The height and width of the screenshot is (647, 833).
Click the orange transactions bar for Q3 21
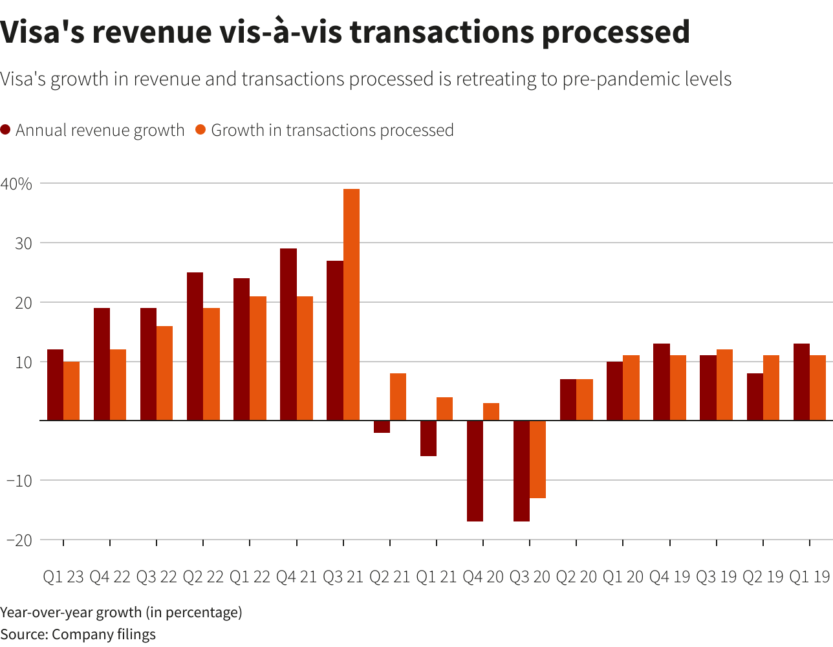point(351,305)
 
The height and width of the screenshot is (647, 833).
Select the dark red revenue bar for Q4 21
point(288,334)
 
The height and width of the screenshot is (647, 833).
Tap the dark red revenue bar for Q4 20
point(475,471)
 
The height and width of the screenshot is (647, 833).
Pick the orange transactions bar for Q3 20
point(537,459)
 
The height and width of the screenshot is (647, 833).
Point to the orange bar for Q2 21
point(398,397)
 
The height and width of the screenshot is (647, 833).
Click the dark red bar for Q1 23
point(55,385)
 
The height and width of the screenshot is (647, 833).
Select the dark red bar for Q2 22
point(195,346)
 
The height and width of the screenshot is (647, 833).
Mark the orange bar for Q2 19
point(771,388)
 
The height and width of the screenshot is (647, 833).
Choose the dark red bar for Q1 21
point(428,438)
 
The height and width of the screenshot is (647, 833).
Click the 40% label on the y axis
point(16,184)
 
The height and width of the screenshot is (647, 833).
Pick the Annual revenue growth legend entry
point(100,130)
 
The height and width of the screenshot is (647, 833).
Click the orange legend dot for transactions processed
point(200,129)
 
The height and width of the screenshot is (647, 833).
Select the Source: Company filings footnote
point(78,634)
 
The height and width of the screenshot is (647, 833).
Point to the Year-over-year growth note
point(121,612)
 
